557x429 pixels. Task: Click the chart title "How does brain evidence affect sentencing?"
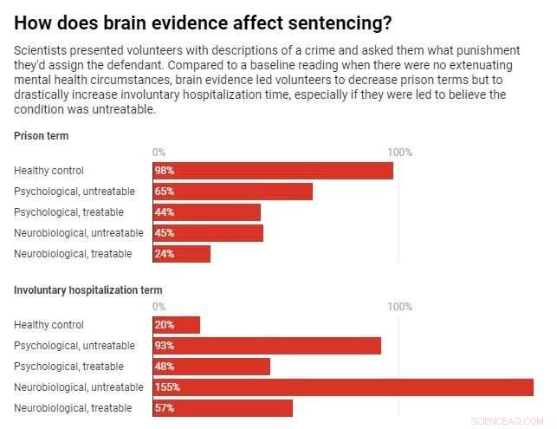208,22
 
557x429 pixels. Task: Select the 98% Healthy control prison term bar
273,171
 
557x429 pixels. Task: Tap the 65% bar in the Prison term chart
232,192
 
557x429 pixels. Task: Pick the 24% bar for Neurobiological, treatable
182,254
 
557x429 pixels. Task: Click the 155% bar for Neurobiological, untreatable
343,387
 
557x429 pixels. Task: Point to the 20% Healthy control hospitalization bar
177,325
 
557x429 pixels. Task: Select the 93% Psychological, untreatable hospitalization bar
267,346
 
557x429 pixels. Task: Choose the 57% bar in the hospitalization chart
223,408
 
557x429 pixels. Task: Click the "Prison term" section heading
41,136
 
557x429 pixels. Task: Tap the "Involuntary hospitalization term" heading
87,290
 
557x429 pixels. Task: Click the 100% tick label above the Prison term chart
399,153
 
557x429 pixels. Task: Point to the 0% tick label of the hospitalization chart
159,307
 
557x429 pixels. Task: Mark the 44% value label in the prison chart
165,212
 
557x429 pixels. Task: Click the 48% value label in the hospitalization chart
165,367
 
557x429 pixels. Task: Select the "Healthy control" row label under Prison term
49,171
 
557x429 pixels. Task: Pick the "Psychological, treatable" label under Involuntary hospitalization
68,367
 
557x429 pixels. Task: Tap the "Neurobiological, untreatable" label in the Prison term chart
79,233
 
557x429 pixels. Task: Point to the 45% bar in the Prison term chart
208,233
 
